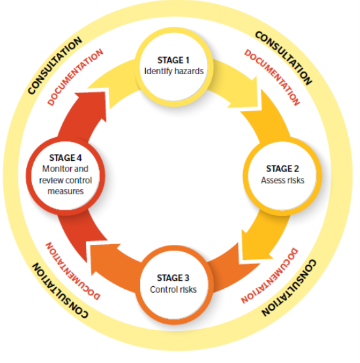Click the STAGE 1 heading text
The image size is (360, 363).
(x=175, y=59)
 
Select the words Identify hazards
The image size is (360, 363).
(x=175, y=70)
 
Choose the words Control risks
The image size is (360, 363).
(x=174, y=289)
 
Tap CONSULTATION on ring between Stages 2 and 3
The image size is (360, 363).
(x=288, y=289)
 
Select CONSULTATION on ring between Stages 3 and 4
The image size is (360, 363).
(x=59, y=289)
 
